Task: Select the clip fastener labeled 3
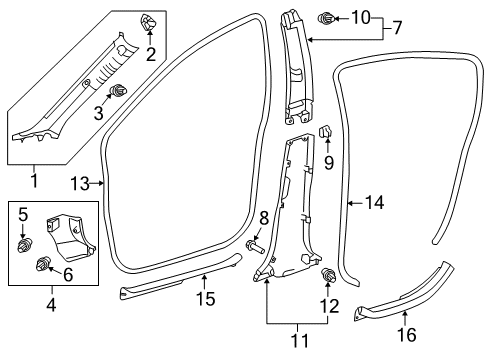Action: point(120,92)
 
